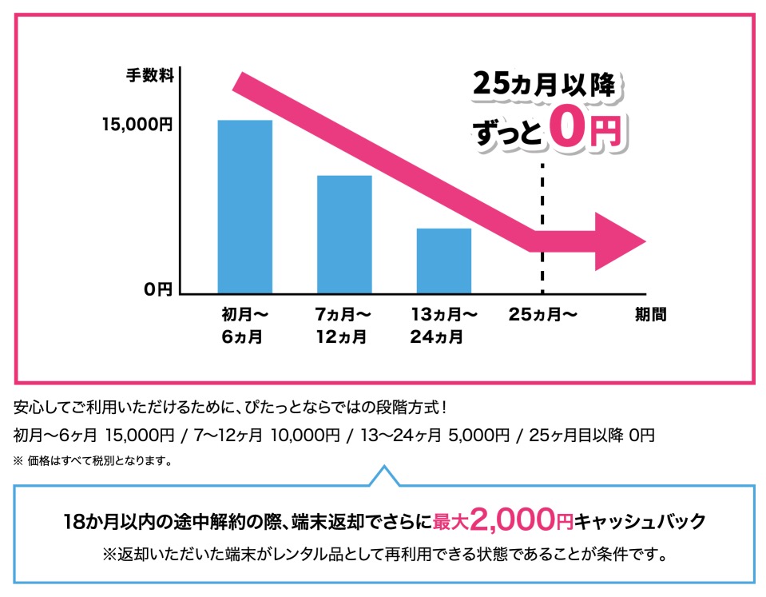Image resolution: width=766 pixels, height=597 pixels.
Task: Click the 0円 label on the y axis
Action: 158,289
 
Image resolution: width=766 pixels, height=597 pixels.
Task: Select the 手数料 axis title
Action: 149,77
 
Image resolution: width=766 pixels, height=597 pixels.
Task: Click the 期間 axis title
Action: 650,315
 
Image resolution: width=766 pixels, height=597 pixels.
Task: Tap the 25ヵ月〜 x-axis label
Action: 543,315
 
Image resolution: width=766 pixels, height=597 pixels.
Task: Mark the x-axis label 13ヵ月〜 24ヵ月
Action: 443,325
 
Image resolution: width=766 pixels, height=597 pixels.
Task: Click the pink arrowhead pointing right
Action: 619,242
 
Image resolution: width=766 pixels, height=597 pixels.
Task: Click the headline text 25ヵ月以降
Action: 544,85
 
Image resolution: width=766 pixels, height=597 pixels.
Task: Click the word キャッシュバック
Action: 641,523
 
